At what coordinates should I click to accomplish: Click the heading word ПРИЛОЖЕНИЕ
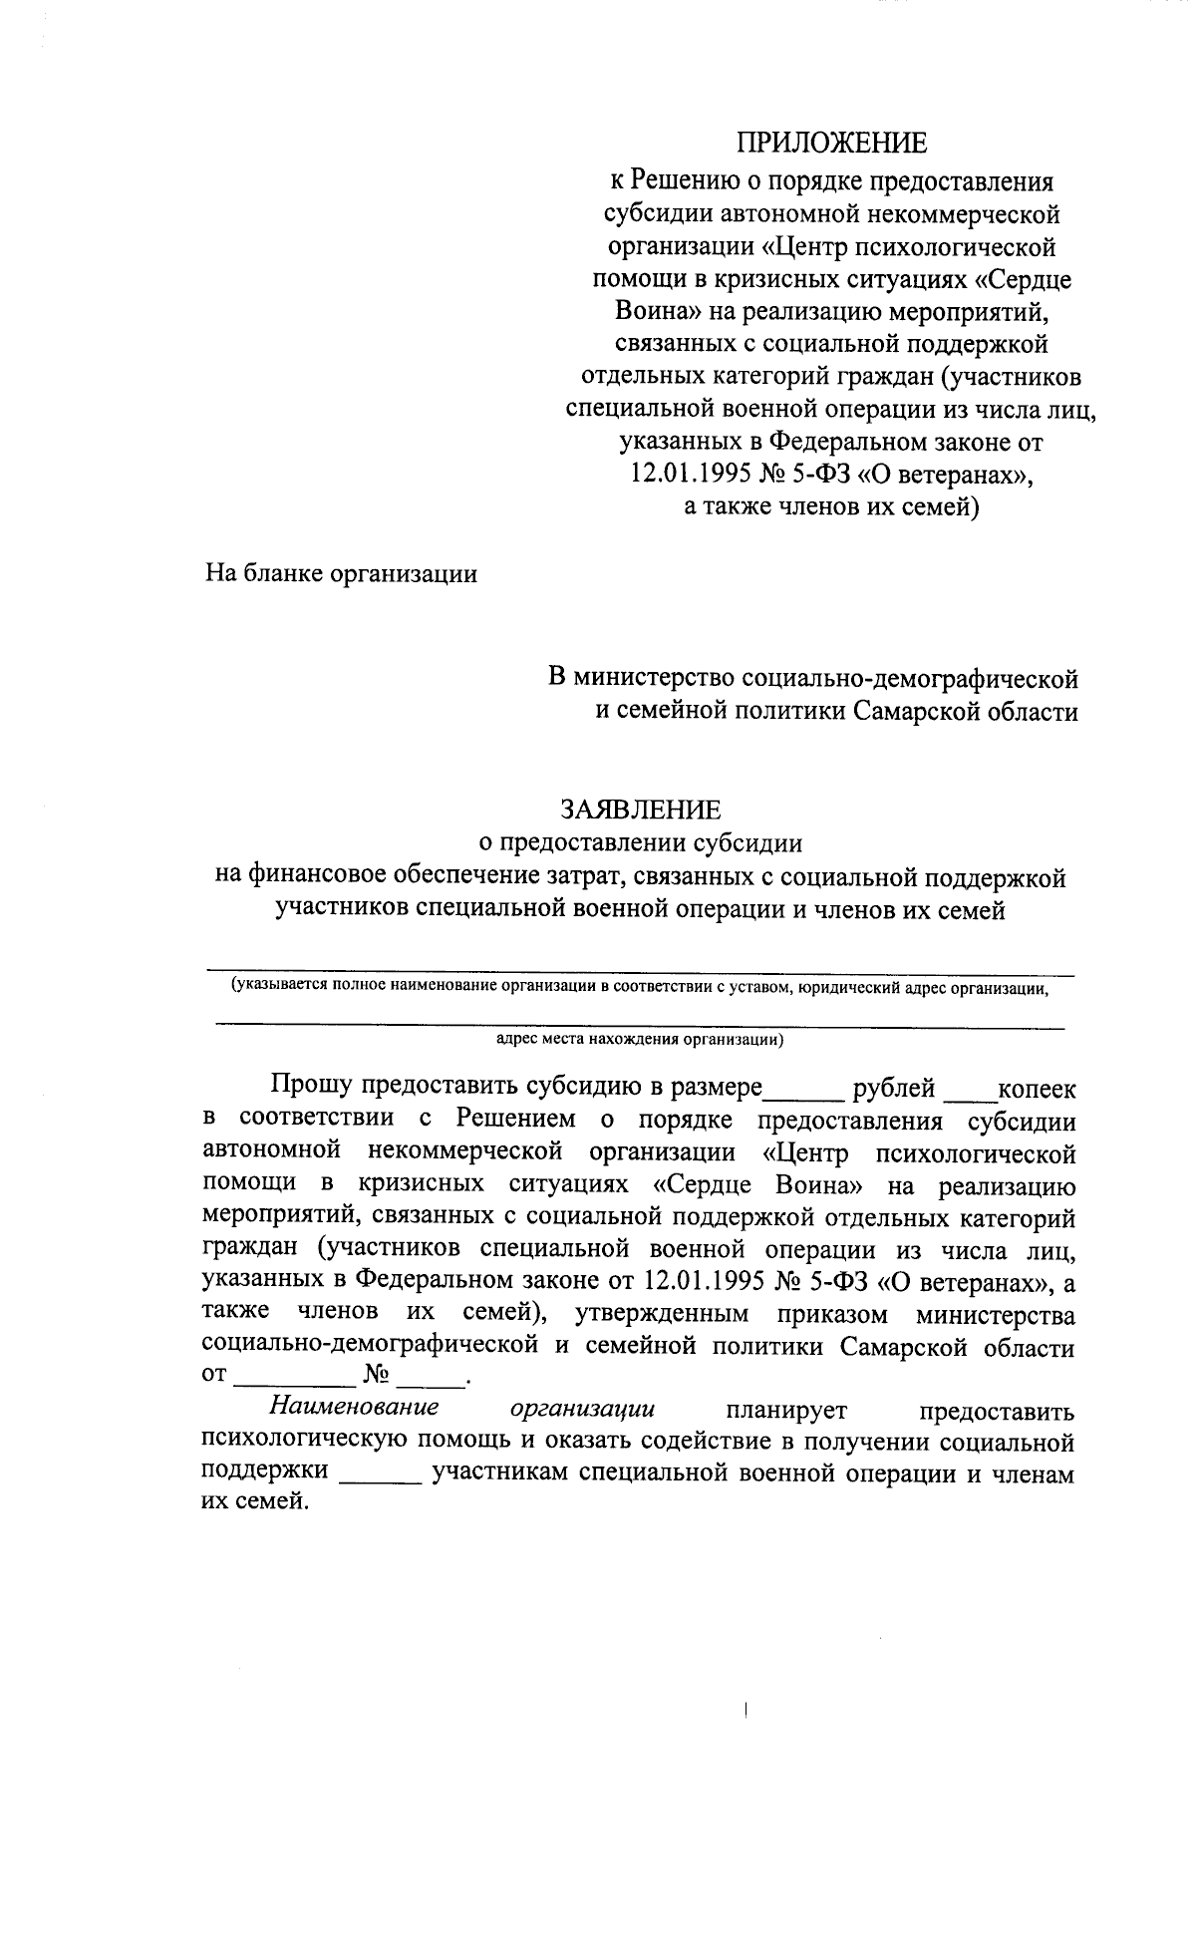[831, 144]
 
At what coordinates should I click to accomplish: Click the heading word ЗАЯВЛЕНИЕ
[640, 807]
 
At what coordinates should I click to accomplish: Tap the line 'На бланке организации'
[341, 574]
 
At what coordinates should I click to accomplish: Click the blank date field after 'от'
[291, 1383]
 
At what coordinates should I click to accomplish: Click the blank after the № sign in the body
[432, 1383]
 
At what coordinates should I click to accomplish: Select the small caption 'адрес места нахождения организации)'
[640, 1039]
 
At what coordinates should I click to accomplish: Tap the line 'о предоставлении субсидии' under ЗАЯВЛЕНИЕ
[640, 842]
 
